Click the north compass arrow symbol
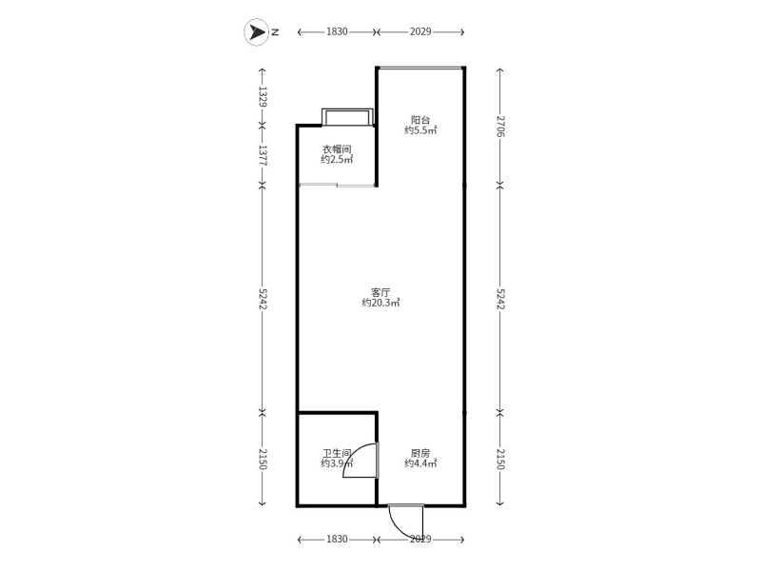pos(256,32)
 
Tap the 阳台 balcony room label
pos(420,120)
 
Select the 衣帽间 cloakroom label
pos(337,149)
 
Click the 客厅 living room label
pos(380,292)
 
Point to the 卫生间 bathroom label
pos(337,454)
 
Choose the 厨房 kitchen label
pos(420,454)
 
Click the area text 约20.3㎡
pos(381,303)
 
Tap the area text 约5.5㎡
pos(420,130)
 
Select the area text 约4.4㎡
pos(420,464)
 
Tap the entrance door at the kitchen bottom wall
pos(406,522)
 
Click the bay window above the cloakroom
pos(347,117)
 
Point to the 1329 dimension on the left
pos(263,97)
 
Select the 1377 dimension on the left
pos(263,155)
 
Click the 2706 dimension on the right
pos(500,126)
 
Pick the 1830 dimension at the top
pos(337,32)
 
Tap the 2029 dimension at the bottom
pos(420,540)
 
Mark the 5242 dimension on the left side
pos(263,299)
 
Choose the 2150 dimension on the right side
pos(500,460)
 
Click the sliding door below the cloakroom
pos(338,185)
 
